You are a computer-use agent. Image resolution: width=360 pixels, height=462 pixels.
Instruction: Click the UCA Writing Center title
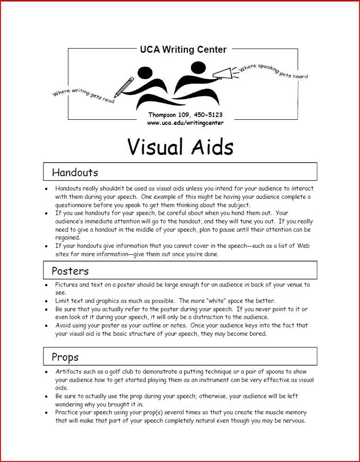(183, 49)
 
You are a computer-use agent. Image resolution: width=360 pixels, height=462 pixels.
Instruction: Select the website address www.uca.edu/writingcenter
(185, 123)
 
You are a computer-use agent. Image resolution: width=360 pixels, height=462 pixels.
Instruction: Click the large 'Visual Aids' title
(180, 147)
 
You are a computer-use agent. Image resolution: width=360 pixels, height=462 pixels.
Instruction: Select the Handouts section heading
(75, 172)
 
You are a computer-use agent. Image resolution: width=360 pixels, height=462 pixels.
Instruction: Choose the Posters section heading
(70, 271)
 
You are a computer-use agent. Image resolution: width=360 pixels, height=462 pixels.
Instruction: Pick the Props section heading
(65, 357)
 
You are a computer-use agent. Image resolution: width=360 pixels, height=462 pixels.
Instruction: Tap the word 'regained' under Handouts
(67, 238)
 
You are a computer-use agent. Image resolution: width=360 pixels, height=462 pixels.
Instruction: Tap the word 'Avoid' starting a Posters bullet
(64, 326)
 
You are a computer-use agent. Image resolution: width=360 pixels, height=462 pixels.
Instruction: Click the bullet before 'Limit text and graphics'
(46, 301)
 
